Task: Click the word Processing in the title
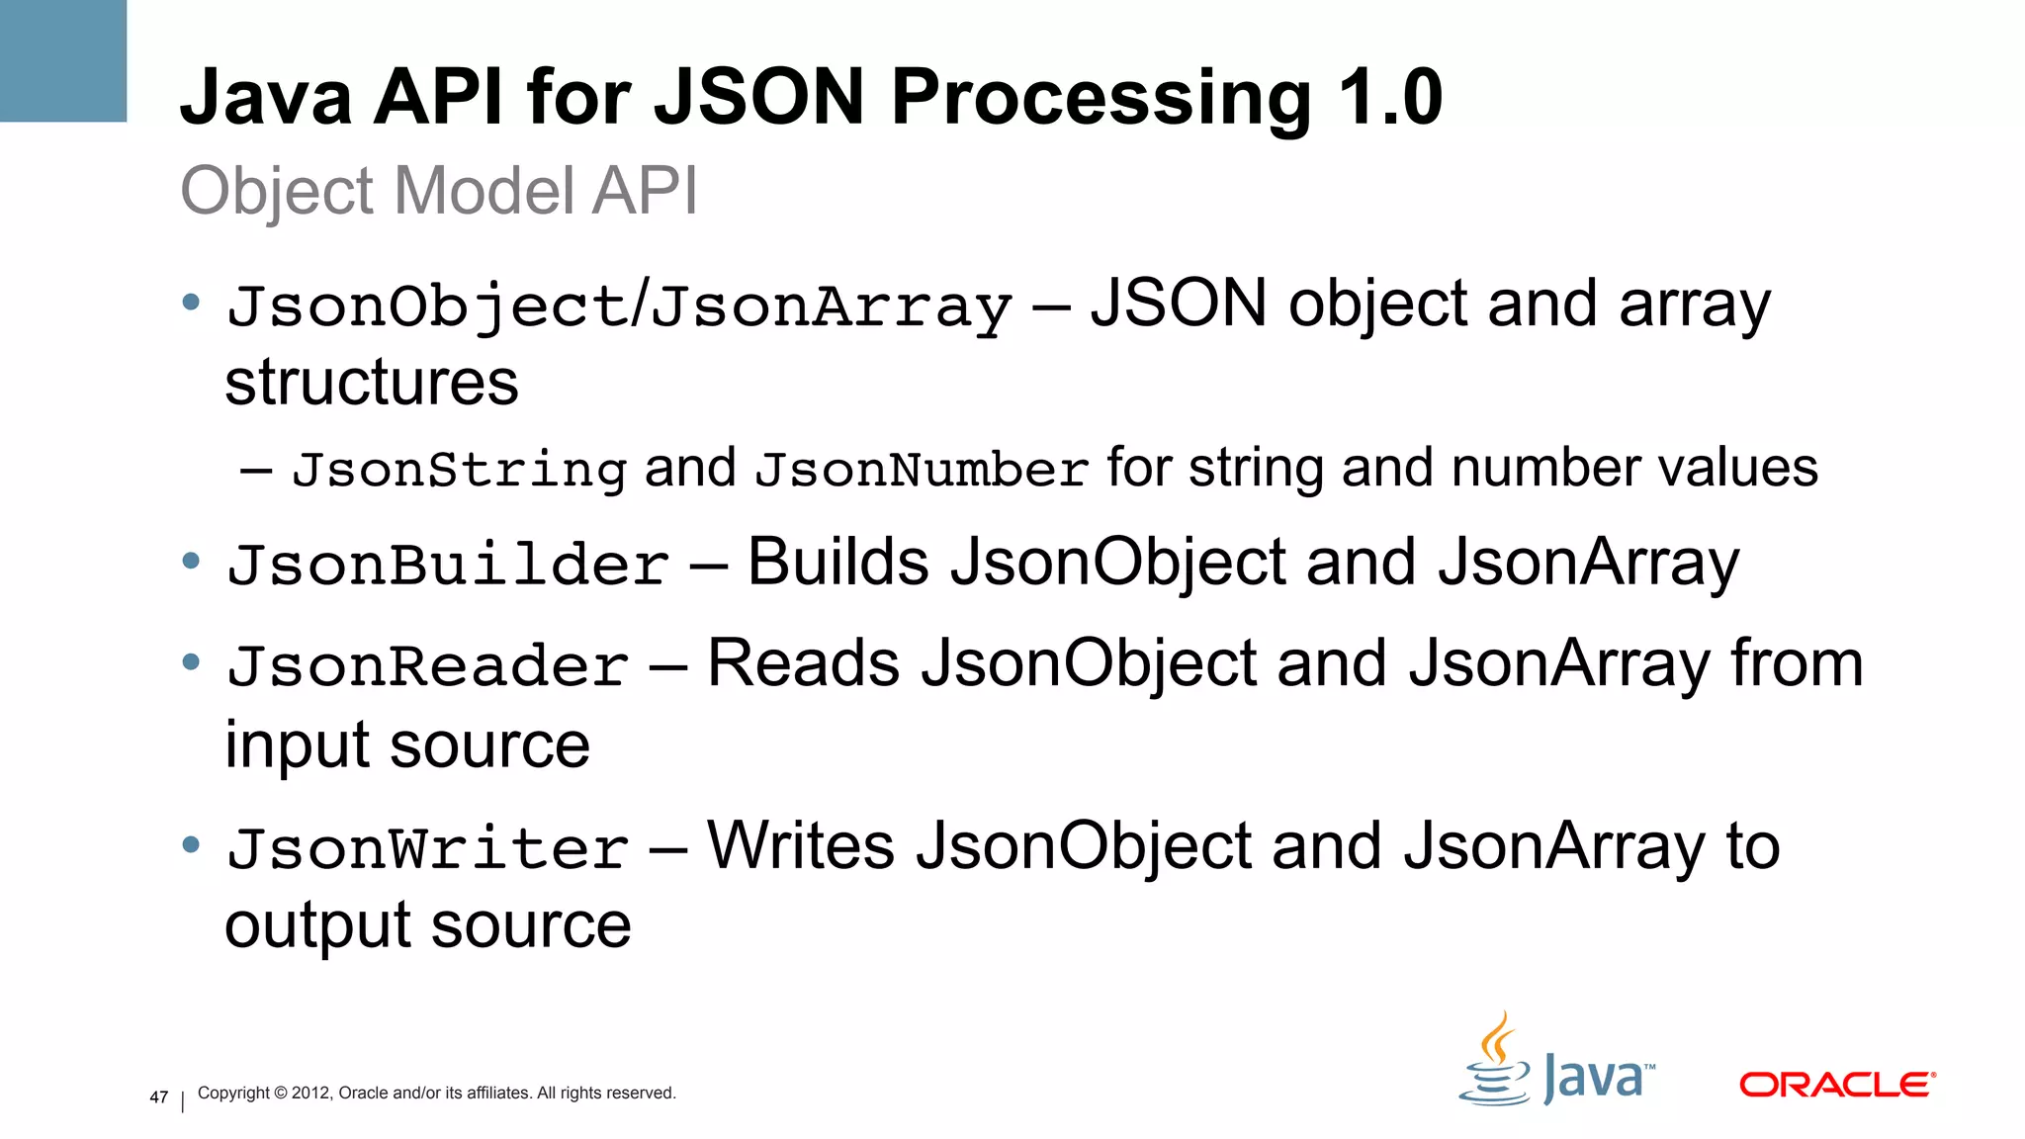(1101, 99)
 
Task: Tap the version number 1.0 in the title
(1390, 97)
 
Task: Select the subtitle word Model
(484, 190)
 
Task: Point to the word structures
(371, 383)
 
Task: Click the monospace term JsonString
(459, 470)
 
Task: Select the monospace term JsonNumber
(922, 470)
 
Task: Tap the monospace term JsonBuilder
(448, 566)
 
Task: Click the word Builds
(837, 563)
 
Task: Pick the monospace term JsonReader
(427, 666)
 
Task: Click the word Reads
(803, 663)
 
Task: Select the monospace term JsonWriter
(427, 849)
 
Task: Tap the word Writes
(800, 846)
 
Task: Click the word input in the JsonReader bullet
(296, 746)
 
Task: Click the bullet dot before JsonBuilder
(191, 562)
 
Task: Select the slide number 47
(159, 1096)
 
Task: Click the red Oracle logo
(1836, 1085)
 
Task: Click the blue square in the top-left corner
(63, 60)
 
